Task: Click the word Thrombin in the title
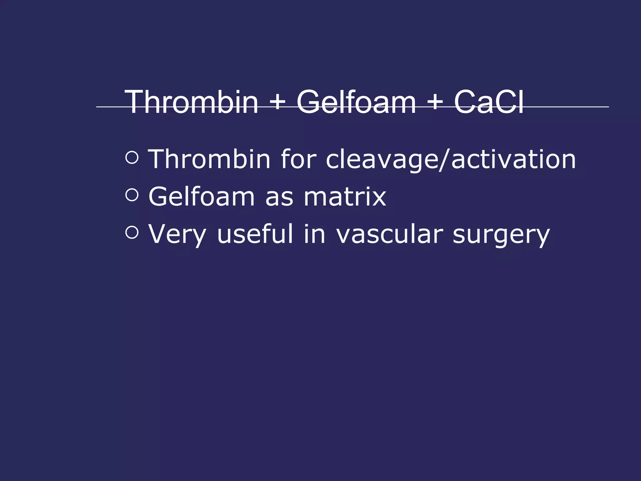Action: point(192,102)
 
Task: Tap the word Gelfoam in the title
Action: point(356,102)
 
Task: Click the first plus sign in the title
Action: point(277,102)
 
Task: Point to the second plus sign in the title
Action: point(435,102)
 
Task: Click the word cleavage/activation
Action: point(451,160)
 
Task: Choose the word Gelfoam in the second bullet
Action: point(202,197)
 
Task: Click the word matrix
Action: point(345,197)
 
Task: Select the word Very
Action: point(177,234)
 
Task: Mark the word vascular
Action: point(389,234)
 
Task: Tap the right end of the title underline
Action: point(608,107)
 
